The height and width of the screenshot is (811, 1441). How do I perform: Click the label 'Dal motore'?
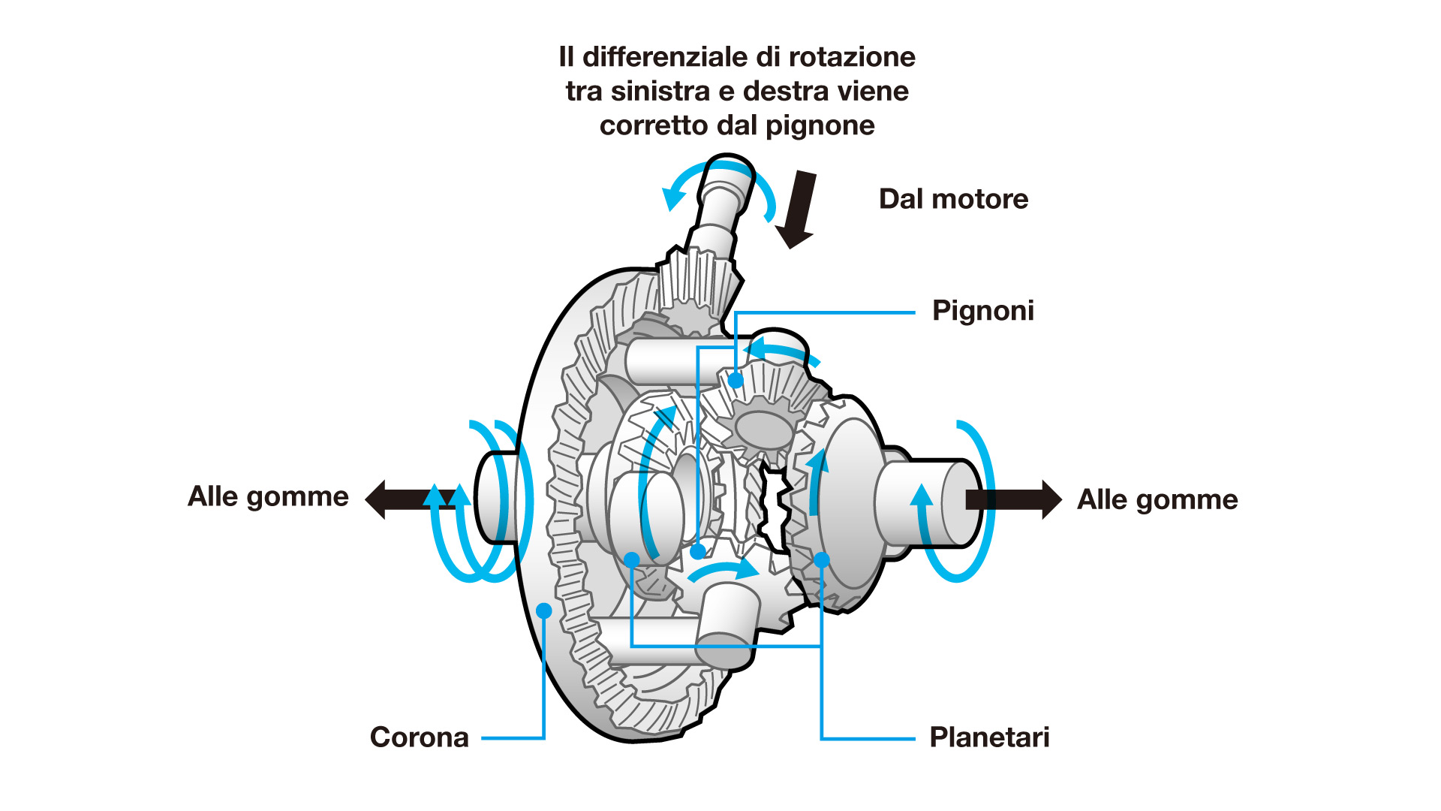[953, 199]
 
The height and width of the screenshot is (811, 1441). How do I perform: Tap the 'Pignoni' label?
[982, 311]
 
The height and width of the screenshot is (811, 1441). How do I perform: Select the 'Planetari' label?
[988, 737]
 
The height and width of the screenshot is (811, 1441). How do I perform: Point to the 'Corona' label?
[419, 737]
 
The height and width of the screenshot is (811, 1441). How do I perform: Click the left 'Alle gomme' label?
[268, 496]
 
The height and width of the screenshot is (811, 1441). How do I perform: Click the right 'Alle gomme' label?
[1157, 499]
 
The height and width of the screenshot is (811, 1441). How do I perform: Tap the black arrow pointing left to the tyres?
[405, 499]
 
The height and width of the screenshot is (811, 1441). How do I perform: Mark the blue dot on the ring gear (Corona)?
[544, 611]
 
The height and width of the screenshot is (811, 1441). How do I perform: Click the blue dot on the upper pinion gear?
[736, 381]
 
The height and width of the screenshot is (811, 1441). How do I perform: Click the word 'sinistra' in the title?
[660, 92]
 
